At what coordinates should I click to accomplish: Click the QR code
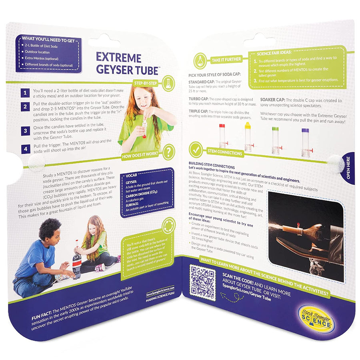coord(202,283)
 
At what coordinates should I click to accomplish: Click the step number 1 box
coord(25,93)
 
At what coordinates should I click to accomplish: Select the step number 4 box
coord(25,149)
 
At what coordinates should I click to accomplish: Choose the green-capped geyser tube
coord(275,140)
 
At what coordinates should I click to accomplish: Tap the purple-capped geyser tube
coord(305,141)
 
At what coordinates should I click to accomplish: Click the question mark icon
coord(169,152)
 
